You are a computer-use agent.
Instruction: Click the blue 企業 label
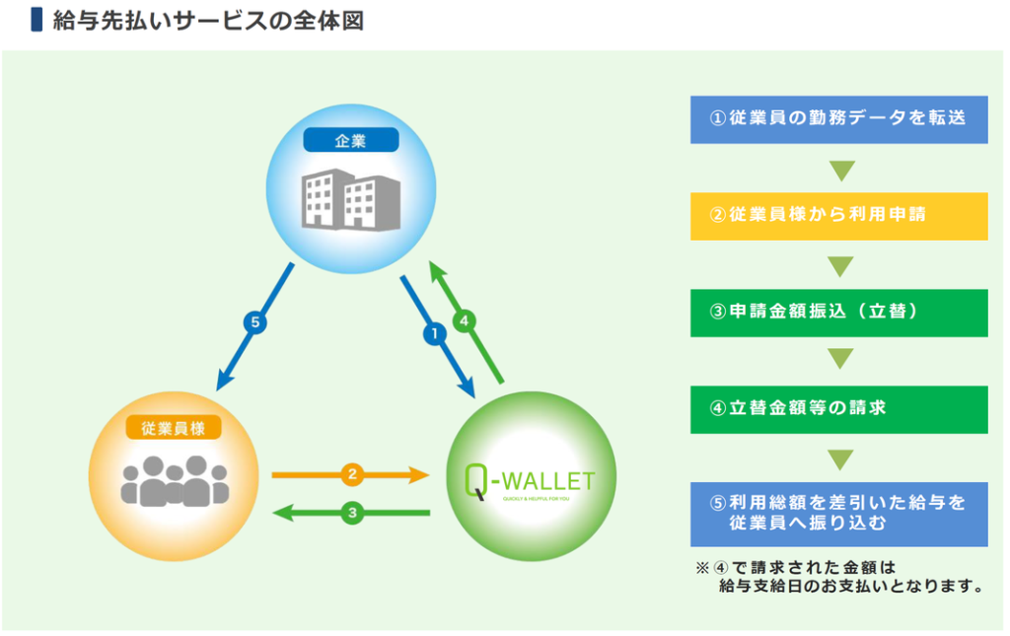point(351,140)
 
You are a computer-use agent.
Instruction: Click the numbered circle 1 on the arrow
point(432,334)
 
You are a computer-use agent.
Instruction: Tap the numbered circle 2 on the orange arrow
point(352,474)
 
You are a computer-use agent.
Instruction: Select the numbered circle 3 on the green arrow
point(352,513)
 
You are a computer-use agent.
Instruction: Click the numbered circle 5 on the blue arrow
point(256,321)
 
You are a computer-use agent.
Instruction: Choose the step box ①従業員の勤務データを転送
point(838,118)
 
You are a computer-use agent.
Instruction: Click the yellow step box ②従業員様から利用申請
point(838,215)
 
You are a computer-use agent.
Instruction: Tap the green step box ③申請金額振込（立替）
point(838,312)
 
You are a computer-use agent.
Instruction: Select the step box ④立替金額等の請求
point(838,408)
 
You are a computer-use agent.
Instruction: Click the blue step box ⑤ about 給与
point(838,514)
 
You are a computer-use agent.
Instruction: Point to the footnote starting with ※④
point(838,577)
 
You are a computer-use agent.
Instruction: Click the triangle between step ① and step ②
point(840,170)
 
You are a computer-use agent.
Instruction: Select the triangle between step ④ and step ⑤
point(840,459)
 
